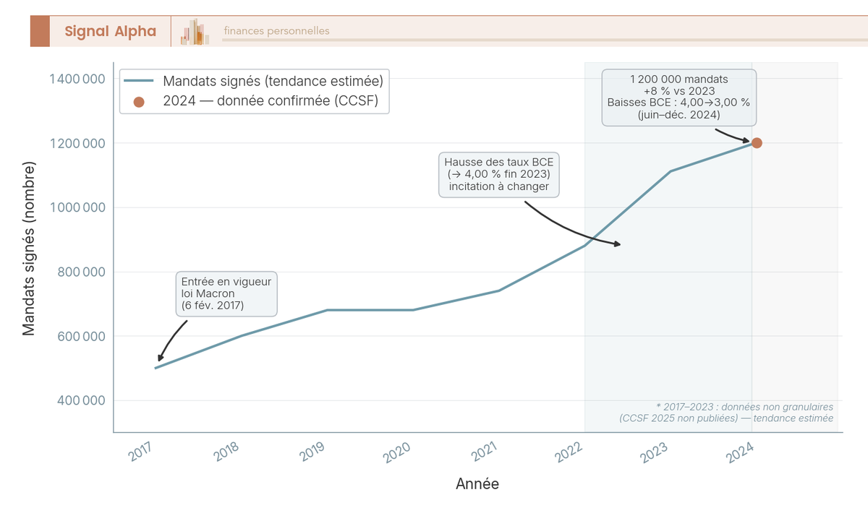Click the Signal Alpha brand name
pos(110,31)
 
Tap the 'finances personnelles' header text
pos(276,31)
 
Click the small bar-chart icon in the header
pos(195,32)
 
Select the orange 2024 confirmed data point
pos(757,143)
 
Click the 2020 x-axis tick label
pos(396,452)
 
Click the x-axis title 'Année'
pos(477,484)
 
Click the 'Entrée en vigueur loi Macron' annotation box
pos(226,294)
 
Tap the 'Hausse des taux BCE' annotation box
pos(499,174)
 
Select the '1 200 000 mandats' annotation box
pos(678,97)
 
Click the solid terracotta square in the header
pos(40,31)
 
